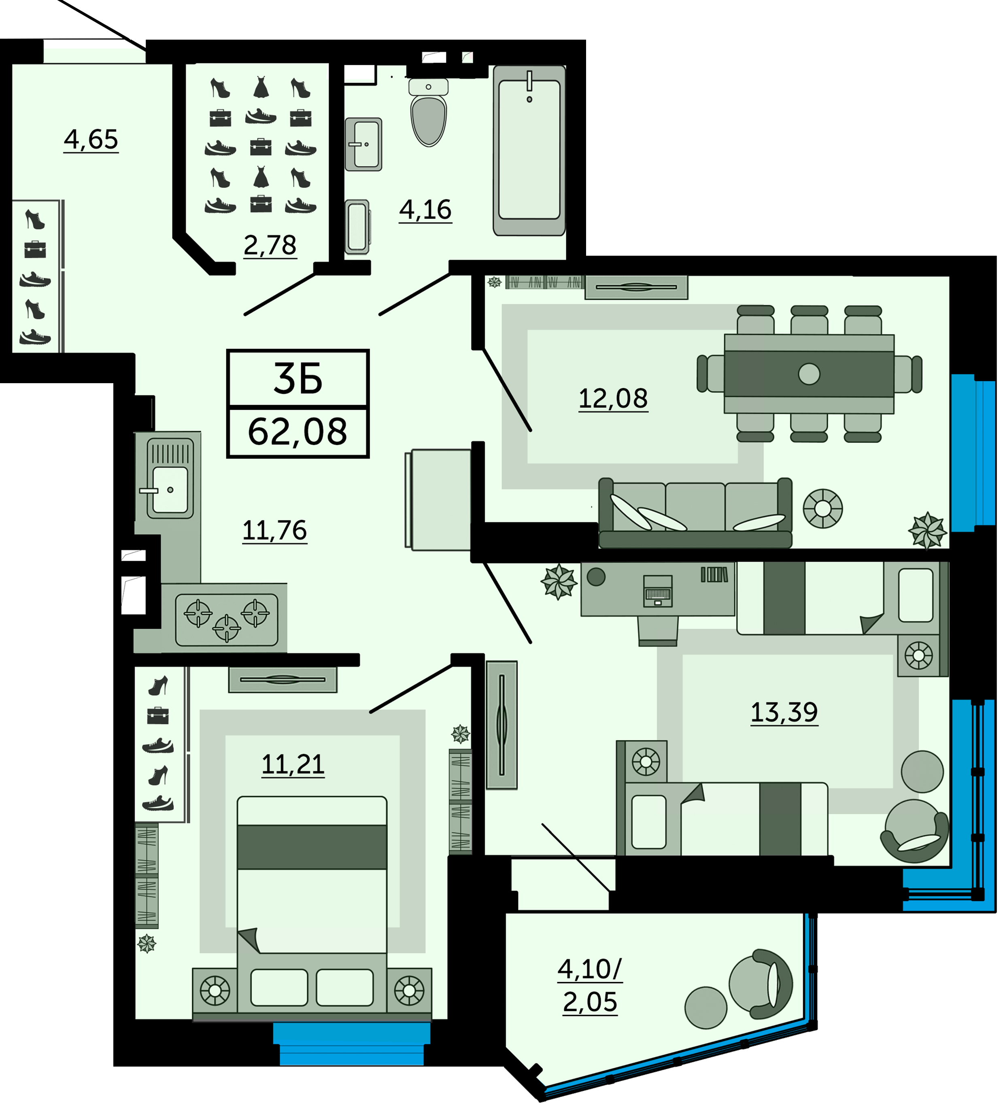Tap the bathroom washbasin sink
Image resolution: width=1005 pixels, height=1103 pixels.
363,144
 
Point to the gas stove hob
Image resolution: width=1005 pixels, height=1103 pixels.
227,620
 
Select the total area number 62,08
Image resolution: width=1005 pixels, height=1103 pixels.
298,432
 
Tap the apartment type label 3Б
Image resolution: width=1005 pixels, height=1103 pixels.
298,379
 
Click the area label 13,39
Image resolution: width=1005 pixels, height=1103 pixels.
784,713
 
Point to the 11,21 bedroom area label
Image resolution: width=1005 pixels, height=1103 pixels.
293,764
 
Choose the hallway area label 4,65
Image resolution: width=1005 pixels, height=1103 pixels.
91,140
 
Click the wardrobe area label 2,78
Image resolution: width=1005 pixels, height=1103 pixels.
270,245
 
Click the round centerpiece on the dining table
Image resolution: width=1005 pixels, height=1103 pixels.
809,374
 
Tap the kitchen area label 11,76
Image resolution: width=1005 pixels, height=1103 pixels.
275,530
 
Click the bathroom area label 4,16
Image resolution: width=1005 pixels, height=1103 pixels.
425,210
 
